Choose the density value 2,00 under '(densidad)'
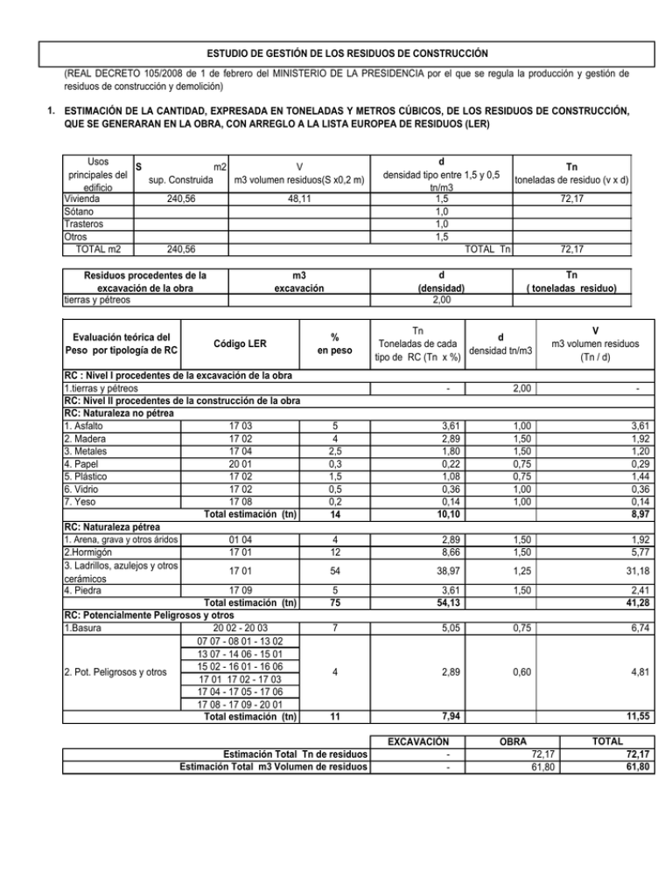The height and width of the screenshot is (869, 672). tap(442, 300)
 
